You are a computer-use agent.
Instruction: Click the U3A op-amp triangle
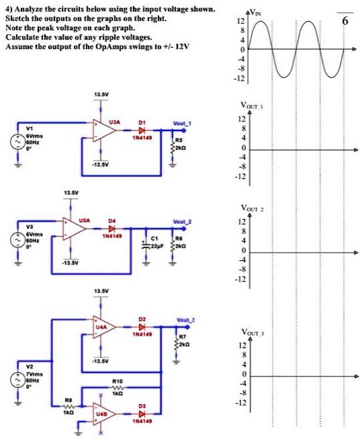point(103,131)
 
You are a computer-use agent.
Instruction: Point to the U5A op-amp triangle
point(74,229)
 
